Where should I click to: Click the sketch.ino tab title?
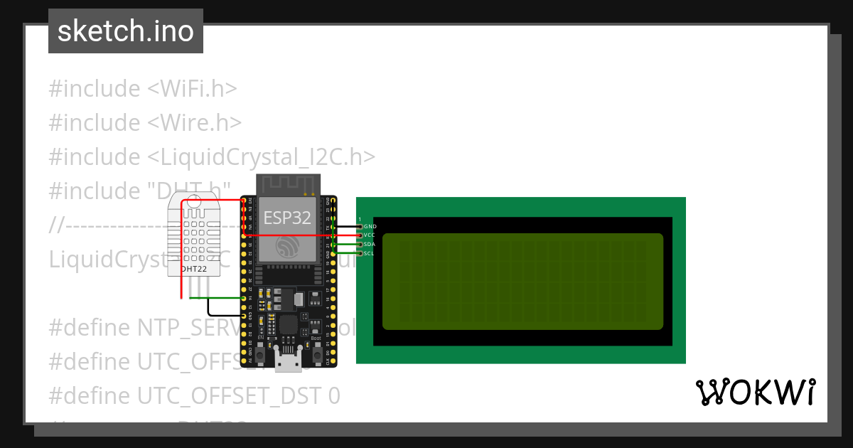[x=126, y=31]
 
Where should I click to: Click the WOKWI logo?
[x=755, y=392]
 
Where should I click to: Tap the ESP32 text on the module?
[x=287, y=218]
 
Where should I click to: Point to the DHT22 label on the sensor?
[x=194, y=269]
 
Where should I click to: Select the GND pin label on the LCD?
[x=370, y=226]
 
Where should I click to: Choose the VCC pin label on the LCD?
[x=369, y=235]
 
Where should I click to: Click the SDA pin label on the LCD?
[x=369, y=244]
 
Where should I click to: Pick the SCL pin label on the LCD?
[x=369, y=253]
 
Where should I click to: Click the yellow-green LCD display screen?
[x=522, y=282]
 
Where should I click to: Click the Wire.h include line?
[x=145, y=122]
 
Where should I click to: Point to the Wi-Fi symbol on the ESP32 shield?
[x=287, y=247]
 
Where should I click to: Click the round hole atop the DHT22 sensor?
[x=194, y=207]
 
